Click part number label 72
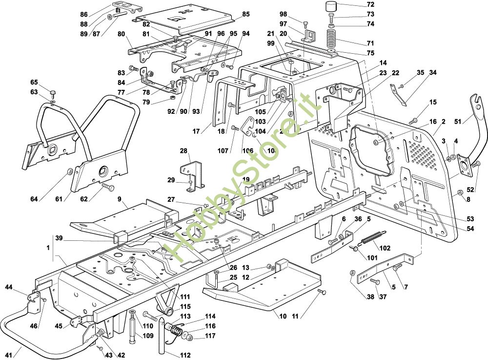tap(370, 4)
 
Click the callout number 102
tap(385, 248)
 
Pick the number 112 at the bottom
tap(185, 355)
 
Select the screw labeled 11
tap(321, 292)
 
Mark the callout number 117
tap(210, 336)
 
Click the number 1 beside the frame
tap(49, 248)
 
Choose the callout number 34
tap(433, 73)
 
